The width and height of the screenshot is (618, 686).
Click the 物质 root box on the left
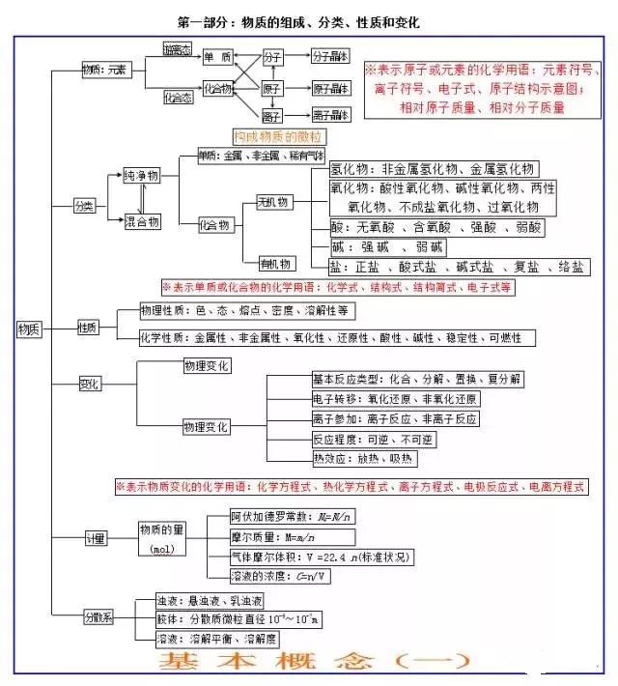point(29,329)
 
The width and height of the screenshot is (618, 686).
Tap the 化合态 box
point(177,97)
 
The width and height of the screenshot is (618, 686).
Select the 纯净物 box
point(141,177)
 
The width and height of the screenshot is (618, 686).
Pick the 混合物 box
point(141,222)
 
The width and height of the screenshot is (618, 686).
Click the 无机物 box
point(272,202)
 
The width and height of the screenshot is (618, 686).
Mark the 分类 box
point(85,206)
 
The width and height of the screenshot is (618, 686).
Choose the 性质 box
point(88,328)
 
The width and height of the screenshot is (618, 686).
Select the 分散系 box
point(98,616)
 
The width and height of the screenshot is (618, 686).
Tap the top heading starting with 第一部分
point(298,20)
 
